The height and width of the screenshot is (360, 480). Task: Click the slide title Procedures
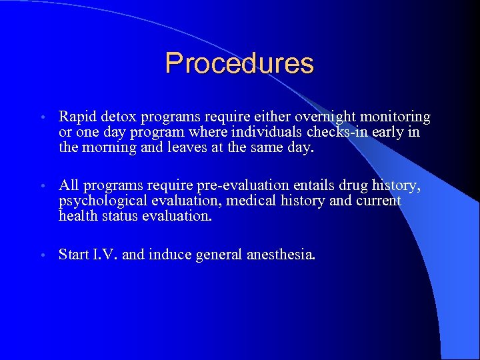239,63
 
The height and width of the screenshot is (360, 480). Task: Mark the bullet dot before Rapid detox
42,119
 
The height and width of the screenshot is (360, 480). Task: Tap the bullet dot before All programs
42,186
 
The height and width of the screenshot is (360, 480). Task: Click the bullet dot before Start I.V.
42,255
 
